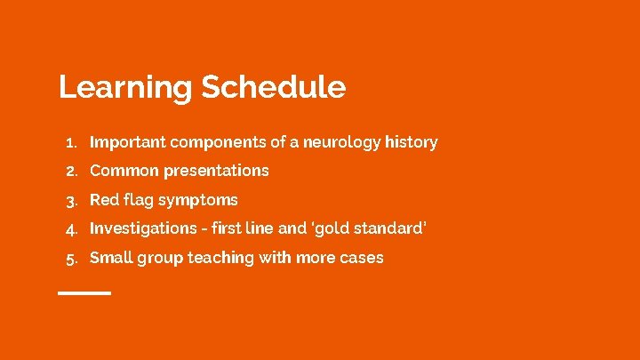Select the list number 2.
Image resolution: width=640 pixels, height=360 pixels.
coord(73,171)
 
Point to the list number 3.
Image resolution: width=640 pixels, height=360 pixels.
coord(73,200)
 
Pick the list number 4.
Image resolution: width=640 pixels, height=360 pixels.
coord(73,229)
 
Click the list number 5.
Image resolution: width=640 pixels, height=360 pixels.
coord(73,259)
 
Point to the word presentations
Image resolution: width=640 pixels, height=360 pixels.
coord(213,171)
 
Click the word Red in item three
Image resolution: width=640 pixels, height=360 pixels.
coord(104,199)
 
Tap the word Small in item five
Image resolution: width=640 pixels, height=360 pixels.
coord(110,258)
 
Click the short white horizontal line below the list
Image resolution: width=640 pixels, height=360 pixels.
coord(84,292)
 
